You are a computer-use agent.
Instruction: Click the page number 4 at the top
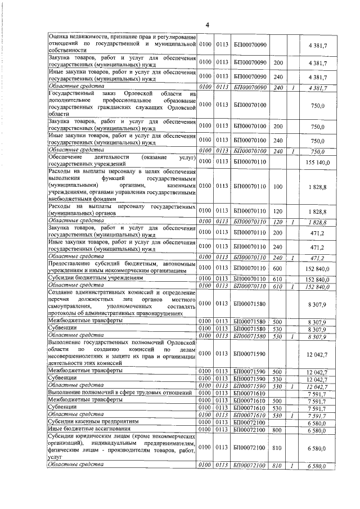[x=207, y=24]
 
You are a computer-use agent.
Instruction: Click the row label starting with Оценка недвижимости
[x=121, y=43]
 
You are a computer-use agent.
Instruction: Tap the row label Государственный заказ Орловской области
[x=121, y=105]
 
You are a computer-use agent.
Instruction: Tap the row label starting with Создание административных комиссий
[x=121, y=304]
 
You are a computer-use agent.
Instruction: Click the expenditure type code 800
[x=277, y=429]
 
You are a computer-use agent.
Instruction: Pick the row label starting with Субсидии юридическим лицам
[x=121, y=447]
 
